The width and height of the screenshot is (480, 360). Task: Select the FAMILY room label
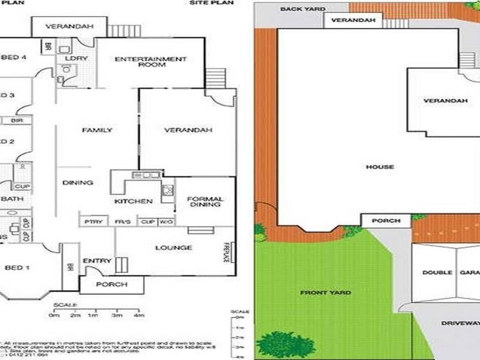tap(97, 130)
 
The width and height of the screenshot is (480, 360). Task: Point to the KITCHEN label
tap(137, 201)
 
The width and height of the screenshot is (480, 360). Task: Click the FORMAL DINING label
tap(205, 202)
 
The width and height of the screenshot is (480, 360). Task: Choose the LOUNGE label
tap(173, 248)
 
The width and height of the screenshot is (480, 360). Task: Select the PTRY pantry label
tap(92, 222)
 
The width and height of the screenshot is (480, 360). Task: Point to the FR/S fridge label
tap(122, 222)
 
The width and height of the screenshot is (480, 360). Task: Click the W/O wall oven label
tap(166, 222)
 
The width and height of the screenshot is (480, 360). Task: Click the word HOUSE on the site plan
tap(380, 167)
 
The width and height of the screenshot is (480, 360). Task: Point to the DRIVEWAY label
tap(460, 323)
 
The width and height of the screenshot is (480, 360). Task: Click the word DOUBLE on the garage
tap(437, 272)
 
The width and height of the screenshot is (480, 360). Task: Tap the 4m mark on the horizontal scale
tap(140, 314)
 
